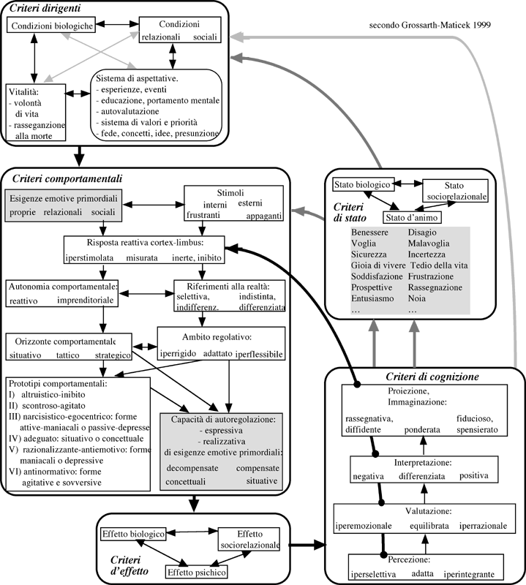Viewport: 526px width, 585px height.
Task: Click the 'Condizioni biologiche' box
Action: (x=50, y=26)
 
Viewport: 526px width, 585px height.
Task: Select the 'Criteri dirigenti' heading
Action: (x=45, y=9)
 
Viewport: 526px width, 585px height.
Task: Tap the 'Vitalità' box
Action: (x=35, y=113)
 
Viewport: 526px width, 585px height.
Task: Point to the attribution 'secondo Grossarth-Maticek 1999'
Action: (x=430, y=26)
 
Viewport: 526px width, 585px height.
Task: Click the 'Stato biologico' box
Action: (x=364, y=184)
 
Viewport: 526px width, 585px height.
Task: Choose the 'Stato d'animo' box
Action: (x=411, y=217)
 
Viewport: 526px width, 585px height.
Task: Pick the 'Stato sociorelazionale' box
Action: (x=454, y=191)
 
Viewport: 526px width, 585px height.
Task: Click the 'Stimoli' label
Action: (x=230, y=192)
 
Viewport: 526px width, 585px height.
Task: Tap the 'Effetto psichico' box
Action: (x=195, y=570)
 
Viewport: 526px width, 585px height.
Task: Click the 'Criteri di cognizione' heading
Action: (x=432, y=377)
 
